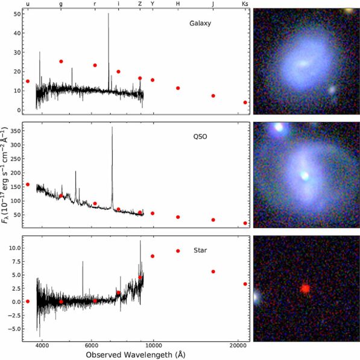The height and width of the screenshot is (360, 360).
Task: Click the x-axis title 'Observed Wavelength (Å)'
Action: pyautogui.click(x=136, y=354)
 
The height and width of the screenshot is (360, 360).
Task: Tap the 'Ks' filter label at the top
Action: pyautogui.click(x=244, y=4)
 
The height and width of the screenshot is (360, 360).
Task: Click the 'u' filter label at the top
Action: pyautogui.click(x=28, y=4)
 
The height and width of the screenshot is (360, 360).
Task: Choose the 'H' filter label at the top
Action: pyautogui.click(x=177, y=4)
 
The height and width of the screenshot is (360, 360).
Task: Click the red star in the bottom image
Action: pyautogui.click(x=305, y=288)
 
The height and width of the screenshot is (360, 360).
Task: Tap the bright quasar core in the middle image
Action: pyautogui.click(x=305, y=176)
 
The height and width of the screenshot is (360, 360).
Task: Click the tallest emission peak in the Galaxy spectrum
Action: pyautogui.click(x=109, y=14)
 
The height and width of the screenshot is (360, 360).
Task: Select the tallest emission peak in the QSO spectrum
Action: pyautogui.click(x=112, y=127)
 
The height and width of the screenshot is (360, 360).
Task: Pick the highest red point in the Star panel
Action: pyautogui.click(x=177, y=251)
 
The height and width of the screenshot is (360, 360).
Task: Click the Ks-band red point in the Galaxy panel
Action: pyautogui.click(x=245, y=103)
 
